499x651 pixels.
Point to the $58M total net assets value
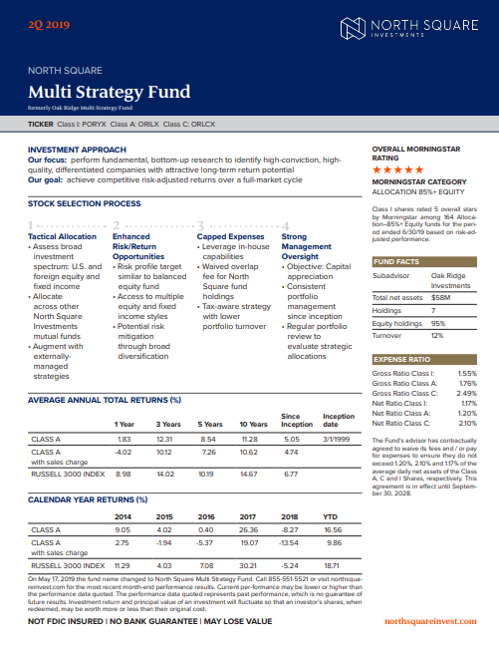(441, 269)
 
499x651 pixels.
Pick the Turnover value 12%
(436, 308)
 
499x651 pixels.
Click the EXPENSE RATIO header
(401, 331)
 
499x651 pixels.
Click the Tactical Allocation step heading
(63, 236)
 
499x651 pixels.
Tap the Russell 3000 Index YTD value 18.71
(330, 565)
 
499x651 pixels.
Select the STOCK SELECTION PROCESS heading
(84, 203)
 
